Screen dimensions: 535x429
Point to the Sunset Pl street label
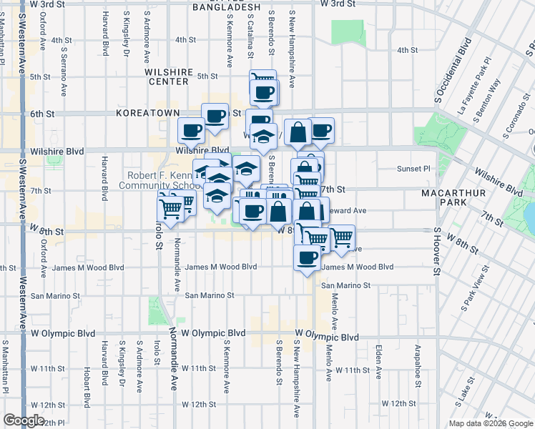click(414, 169)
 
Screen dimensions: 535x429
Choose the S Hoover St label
click(436, 252)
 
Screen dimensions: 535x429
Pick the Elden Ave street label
click(378, 363)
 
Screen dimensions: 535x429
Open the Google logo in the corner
click(24, 420)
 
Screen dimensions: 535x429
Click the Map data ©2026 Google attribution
click(490, 423)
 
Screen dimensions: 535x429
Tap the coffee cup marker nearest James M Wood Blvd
click(307, 258)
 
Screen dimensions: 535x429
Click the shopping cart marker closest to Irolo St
click(170, 208)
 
